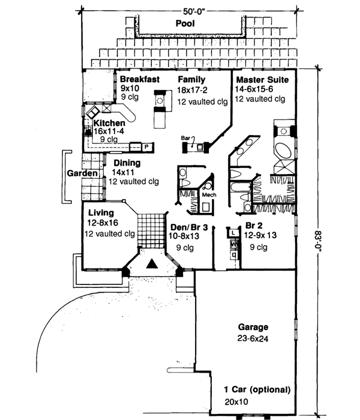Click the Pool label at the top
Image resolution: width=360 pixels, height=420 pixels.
click(x=187, y=23)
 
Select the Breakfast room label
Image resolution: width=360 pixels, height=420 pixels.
click(x=139, y=79)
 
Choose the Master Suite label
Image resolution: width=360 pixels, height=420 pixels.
click(x=262, y=79)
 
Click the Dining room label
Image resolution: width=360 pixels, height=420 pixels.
click(x=126, y=163)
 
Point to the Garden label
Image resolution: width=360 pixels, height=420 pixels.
click(x=82, y=173)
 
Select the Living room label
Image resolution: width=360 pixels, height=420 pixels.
click(x=101, y=212)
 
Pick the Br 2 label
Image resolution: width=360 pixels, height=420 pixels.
click(x=254, y=226)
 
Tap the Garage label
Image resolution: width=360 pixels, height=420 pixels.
click(x=252, y=328)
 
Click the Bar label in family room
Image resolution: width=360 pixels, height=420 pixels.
click(x=185, y=138)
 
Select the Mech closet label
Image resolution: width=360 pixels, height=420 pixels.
click(x=208, y=195)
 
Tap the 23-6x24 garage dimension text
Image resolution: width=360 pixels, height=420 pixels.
click(x=252, y=338)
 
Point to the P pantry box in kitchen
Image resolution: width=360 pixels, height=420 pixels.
click(x=146, y=146)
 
